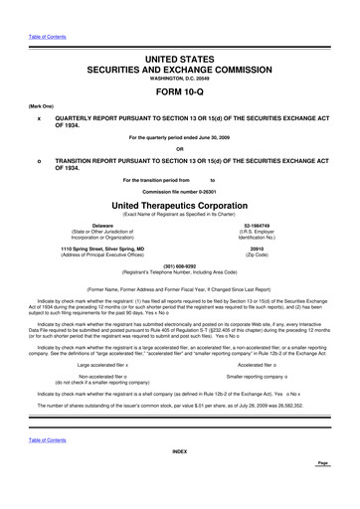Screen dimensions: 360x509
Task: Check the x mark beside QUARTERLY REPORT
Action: click(38, 115)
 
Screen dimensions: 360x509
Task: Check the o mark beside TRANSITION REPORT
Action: click(38, 160)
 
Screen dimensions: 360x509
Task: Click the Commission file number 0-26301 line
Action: click(180, 191)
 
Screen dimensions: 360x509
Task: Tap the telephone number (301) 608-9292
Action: click(180, 265)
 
